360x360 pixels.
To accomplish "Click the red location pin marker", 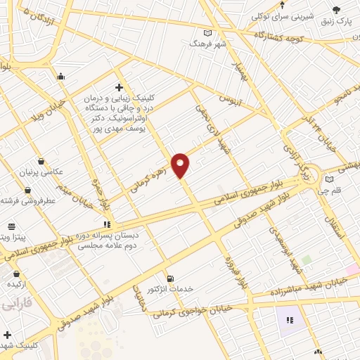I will click(181, 165).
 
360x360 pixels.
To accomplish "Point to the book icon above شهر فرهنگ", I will click(207, 32).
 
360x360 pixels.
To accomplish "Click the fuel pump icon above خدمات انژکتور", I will click(169, 278).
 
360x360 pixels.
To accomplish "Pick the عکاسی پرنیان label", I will click(42, 172).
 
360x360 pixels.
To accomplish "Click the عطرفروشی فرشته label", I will click(28, 200).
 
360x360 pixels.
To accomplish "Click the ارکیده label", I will click(17, 284).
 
